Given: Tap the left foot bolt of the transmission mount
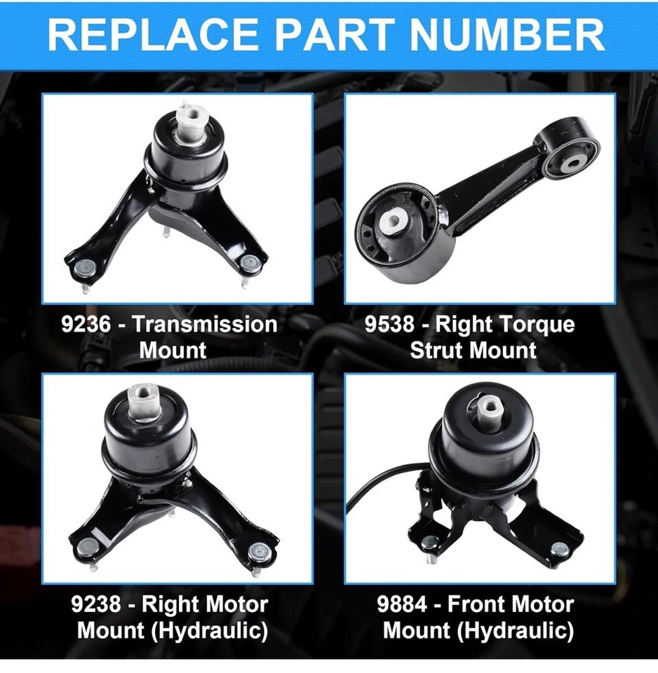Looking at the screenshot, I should tap(83, 267).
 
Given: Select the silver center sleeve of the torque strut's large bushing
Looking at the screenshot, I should tap(390, 222).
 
